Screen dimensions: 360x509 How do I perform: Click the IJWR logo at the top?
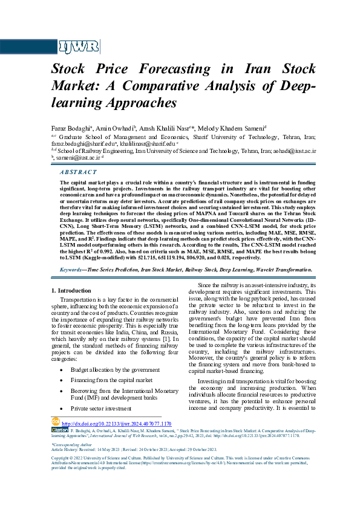(x=73, y=47)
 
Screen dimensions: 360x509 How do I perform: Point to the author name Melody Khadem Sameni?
(x=234, y=128)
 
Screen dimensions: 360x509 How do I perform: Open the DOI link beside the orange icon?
(x=117, y=424)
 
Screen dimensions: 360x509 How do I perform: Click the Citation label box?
(x=60, y=430)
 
